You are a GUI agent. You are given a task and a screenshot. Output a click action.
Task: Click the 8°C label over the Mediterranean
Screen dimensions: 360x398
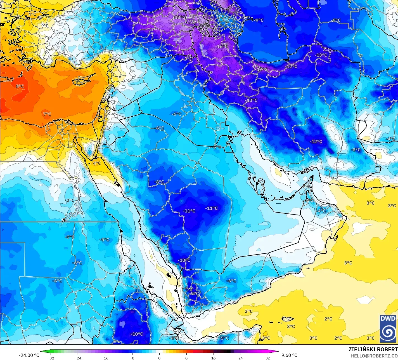click(x=20, y=86)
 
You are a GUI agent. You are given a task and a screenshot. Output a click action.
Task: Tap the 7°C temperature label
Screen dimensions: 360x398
click(x=47, y=114)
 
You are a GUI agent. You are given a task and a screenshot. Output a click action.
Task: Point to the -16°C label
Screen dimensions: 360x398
click(x=222, y=46)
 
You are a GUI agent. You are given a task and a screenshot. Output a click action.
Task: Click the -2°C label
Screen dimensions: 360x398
click(x=70, y=201)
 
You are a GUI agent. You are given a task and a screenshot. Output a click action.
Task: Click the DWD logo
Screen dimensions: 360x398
click(x=388, y=329)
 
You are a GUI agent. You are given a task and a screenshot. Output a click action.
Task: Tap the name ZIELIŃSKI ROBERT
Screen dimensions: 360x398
click(x=373, y=350)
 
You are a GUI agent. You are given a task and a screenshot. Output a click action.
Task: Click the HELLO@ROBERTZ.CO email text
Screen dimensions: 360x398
click(x=374, y=356)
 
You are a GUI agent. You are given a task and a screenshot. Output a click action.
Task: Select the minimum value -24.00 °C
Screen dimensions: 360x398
click(x=29, y=356)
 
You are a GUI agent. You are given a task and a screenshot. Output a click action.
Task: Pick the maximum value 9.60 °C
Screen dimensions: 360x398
click(x=289, y=356)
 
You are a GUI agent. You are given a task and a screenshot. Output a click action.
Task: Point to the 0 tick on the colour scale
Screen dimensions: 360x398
click(x=159, y=358)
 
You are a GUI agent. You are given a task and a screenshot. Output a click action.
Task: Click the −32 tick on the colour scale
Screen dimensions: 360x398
click(x=51, y=358)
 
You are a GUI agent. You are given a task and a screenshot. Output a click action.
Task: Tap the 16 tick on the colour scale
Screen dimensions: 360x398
click(x=214, y=358)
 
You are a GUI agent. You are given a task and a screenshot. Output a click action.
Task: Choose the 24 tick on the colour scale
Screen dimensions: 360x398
click(x=241, y=358)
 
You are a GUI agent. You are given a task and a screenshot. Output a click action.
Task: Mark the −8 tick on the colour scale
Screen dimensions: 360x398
click(x=132, y=358)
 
